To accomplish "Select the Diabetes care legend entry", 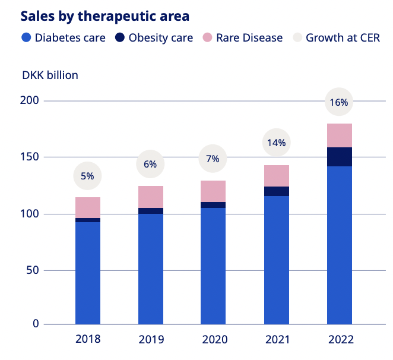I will [63, 38].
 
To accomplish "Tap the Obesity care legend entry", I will [153, 38].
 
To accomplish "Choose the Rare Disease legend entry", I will [242, 38].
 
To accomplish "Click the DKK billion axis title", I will [50, 75].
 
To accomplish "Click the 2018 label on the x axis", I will [88, 339].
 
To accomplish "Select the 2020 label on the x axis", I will [214, 339].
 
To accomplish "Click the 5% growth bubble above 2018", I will [88, 176].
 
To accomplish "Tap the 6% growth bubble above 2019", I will [151, 165].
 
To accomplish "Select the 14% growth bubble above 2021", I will [277, 143].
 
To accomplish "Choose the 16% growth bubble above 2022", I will [340, 102].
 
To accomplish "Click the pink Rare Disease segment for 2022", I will [340, 135].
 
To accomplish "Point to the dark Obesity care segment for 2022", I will [340, 157].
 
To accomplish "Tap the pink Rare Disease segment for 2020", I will [214, 191].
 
